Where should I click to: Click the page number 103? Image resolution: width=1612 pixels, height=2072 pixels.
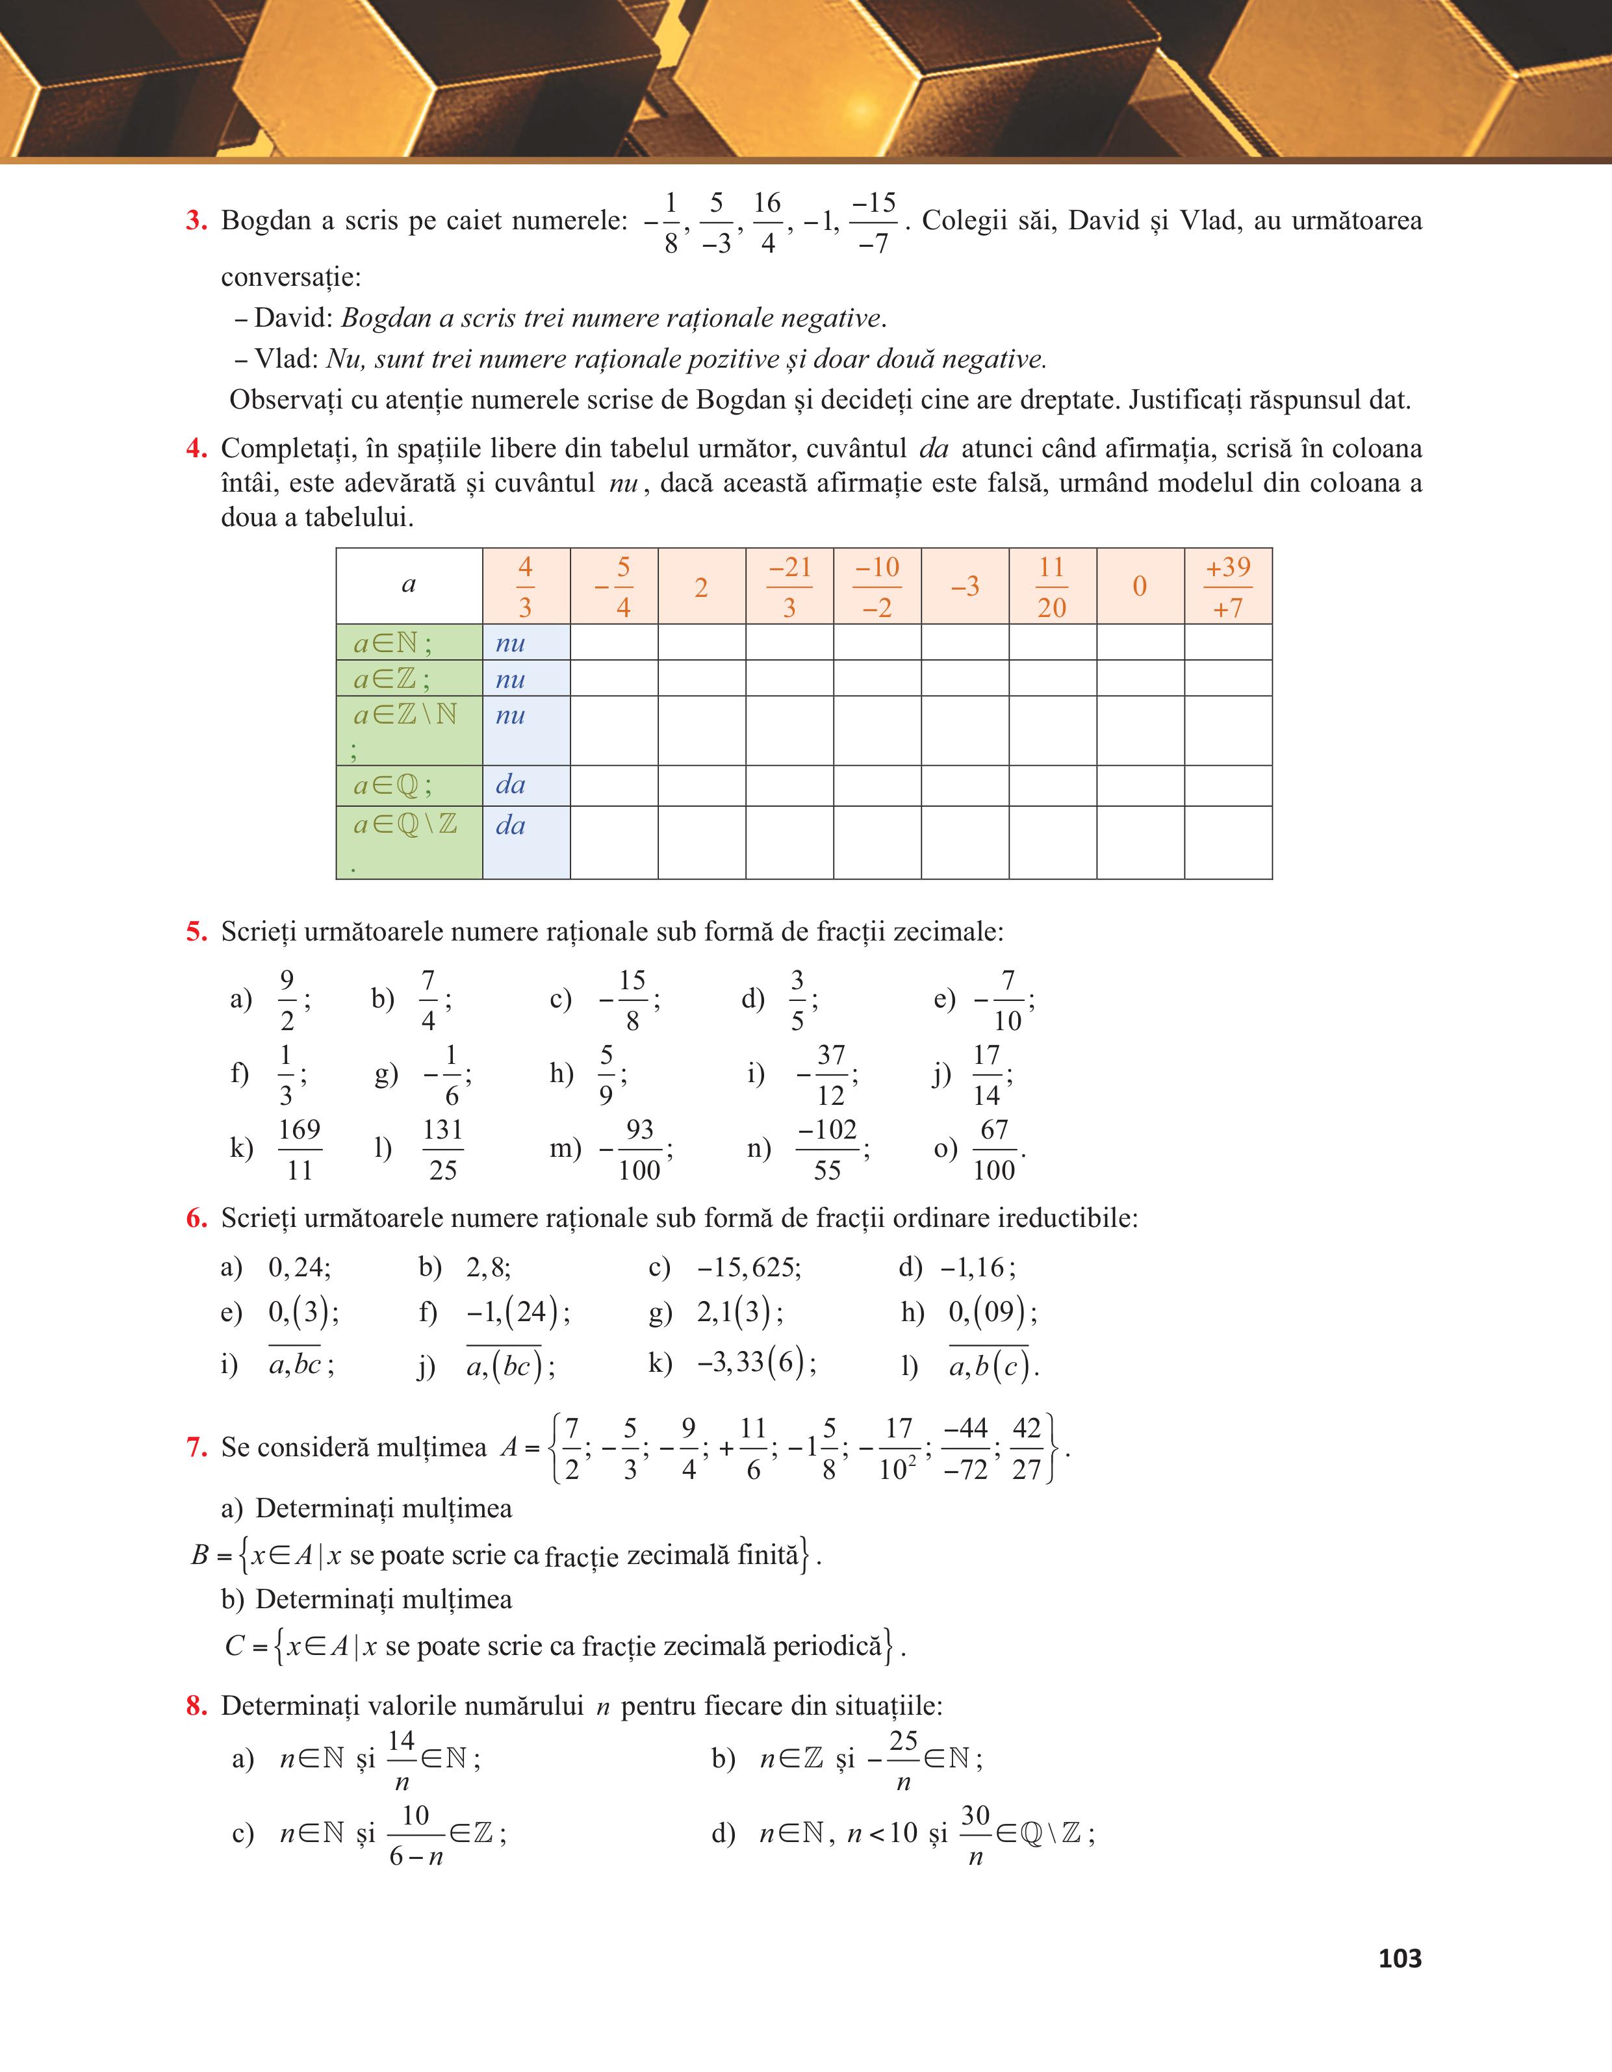click(x=1400, y=1958)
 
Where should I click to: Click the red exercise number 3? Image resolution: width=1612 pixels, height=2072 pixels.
click(x=196, y=221)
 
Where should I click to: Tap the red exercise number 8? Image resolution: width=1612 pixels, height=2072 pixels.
click(x=196, y=1706)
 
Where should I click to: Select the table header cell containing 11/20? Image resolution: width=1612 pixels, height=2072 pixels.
click(x=1051, y=587)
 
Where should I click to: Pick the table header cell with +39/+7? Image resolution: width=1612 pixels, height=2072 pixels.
click(x=1228, y=587)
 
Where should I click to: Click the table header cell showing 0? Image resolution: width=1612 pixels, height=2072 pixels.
click(x=1140, y=587)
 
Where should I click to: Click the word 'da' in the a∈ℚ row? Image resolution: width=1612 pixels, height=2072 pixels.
click(x=511, y=785)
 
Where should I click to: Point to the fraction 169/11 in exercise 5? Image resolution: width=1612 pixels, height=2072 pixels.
click(x=300, y=1149)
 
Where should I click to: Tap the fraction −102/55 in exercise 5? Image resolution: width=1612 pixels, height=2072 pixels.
click(x=827, y=1149)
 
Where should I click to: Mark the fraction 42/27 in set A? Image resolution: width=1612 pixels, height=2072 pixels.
click(x=1027, y=1448)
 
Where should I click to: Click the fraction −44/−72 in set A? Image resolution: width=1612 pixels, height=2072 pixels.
click(x=966, y=1448)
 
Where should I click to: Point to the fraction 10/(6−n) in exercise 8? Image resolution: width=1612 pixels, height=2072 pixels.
click(x=416, y=1834)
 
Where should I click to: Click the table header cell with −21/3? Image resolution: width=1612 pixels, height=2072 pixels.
click(x=789, y=587)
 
